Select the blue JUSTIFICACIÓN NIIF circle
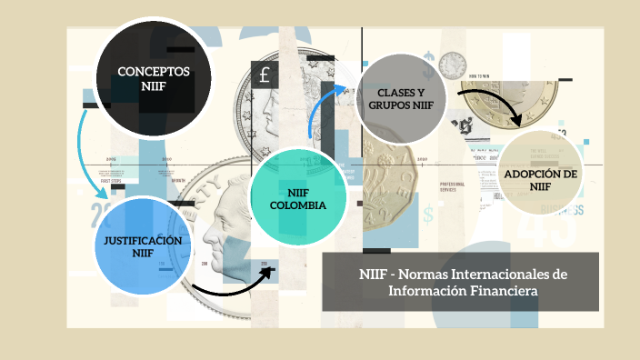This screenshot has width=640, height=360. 143,246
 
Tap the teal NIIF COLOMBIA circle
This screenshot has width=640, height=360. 298,199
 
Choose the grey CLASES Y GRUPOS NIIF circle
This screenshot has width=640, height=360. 401,97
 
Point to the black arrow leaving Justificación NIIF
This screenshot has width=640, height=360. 232,287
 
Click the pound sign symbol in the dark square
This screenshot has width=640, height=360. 265,76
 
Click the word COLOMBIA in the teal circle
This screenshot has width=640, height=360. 298,205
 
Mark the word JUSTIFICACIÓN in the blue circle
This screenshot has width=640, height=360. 143,240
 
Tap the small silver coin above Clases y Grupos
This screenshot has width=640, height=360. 452,64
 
